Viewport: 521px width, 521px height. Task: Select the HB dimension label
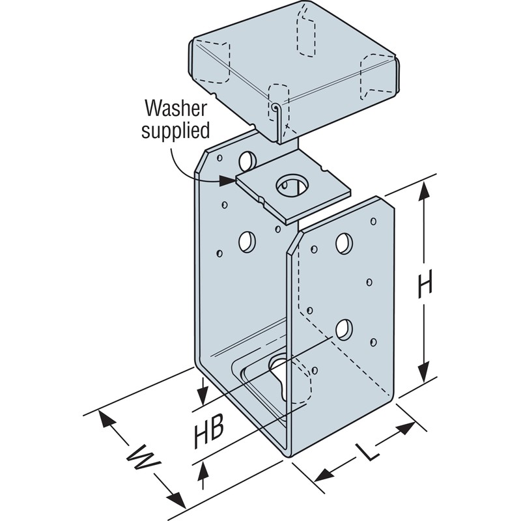pos(210,432)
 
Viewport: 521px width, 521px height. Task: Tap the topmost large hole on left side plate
pos(247,159)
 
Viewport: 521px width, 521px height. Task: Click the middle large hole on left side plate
pos(247,242)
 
